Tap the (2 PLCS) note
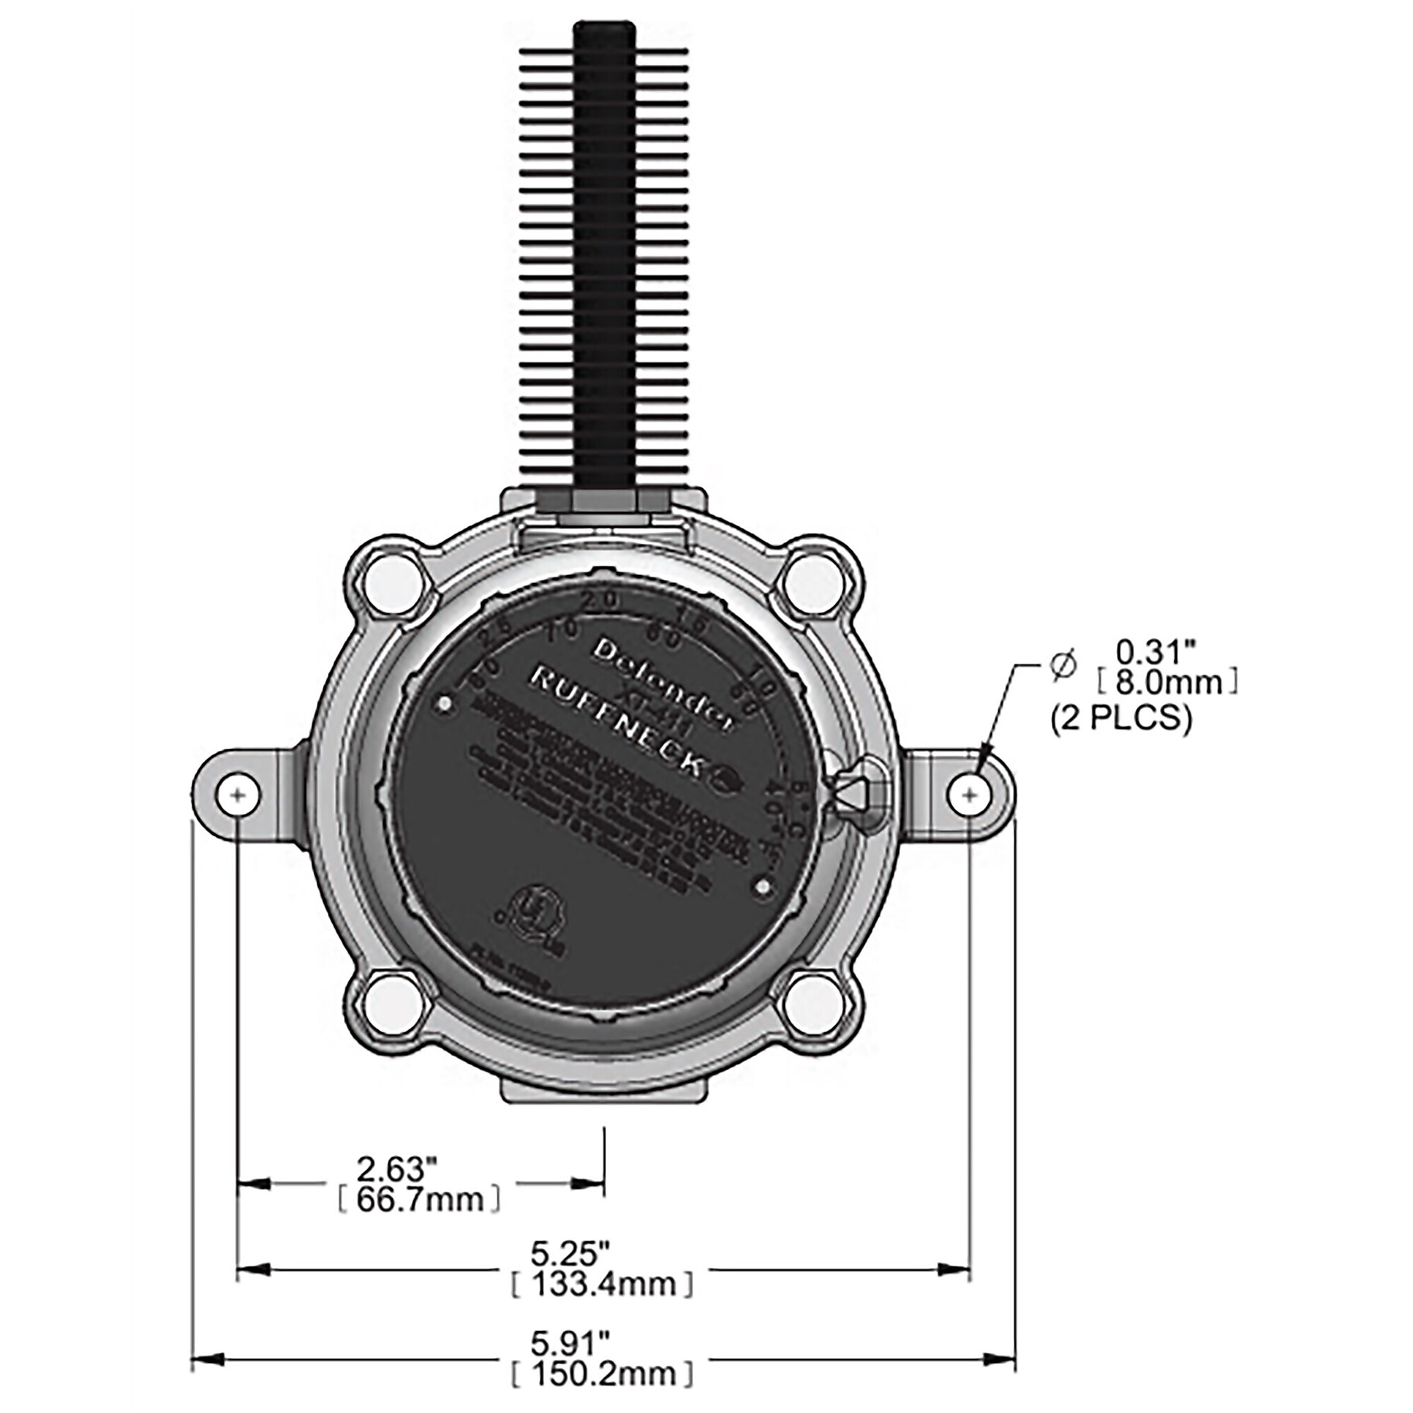[x=1121, y=720]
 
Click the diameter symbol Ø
[x=1063, y=667]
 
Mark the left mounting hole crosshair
[x=237, y=794]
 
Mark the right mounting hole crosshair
[x=971, y=794]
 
